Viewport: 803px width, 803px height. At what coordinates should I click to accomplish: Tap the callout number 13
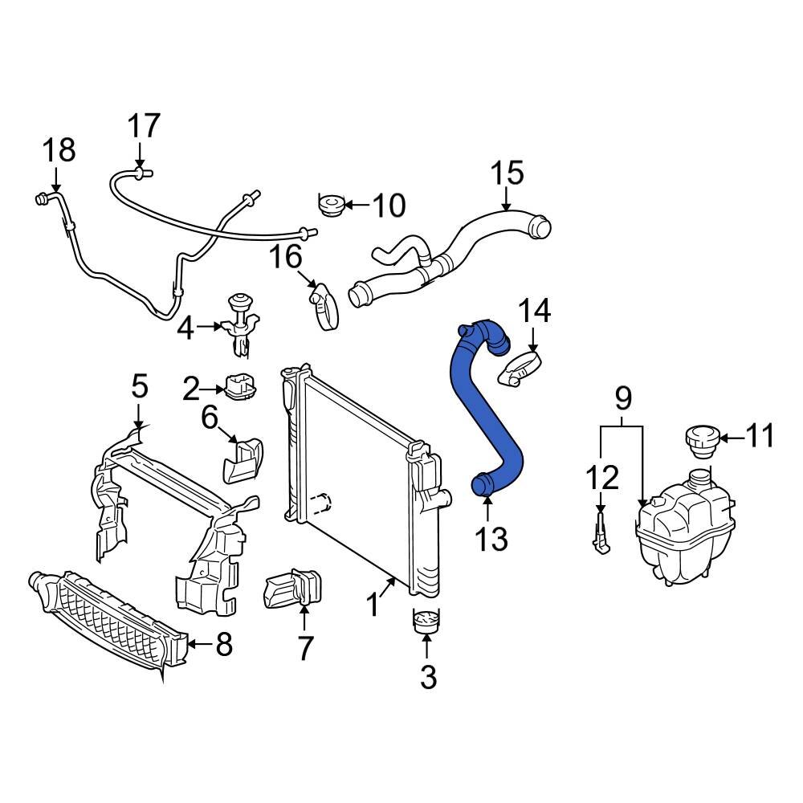[490, 539]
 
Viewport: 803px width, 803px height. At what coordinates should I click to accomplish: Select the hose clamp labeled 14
[520, 368]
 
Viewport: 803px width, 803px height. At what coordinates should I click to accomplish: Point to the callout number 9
[623, 397]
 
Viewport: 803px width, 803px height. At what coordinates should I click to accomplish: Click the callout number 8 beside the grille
[222, 644]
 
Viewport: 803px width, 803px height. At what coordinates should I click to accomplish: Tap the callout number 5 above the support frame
[140, 386]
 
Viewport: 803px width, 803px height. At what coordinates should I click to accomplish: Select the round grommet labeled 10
[329, 206]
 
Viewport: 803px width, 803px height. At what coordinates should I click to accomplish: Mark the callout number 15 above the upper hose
[507, 172]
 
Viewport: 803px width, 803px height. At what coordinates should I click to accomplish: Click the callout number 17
[145, 126]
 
